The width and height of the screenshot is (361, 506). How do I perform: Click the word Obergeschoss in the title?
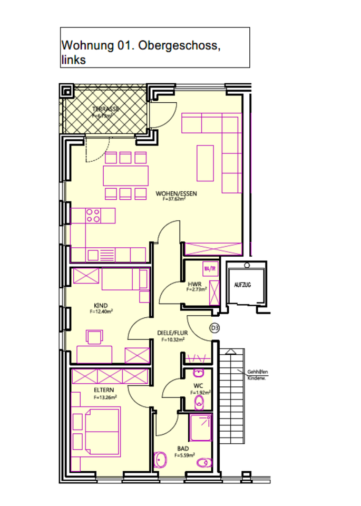click(180, 45)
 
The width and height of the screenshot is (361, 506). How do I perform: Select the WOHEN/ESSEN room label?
click(176, 193)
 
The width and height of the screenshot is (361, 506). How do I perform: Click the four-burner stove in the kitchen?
click(93, 215)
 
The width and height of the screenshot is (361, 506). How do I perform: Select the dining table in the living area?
click(125, 176)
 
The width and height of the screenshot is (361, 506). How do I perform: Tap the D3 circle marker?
click(214, 328)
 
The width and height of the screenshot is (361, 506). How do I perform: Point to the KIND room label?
click(100, 306)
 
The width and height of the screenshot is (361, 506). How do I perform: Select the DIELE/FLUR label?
click(172, 333)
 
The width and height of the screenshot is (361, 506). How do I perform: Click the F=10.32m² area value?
click(172, 340)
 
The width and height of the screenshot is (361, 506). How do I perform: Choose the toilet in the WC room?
click(199, 404)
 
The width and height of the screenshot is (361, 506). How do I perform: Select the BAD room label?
click(183, 449)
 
